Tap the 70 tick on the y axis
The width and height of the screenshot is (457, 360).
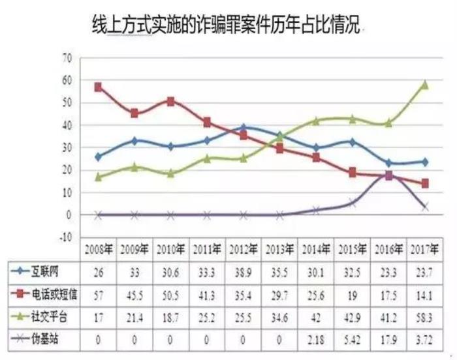66,57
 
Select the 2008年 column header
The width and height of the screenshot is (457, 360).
98,249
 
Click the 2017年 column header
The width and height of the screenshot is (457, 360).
424,249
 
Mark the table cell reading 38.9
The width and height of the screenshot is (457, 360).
243,269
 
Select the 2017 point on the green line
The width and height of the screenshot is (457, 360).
425,84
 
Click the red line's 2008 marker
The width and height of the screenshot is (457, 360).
98,87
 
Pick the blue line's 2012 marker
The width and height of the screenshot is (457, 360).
244,128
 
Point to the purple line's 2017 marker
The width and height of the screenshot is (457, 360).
425,206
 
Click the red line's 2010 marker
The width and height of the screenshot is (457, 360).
170,101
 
